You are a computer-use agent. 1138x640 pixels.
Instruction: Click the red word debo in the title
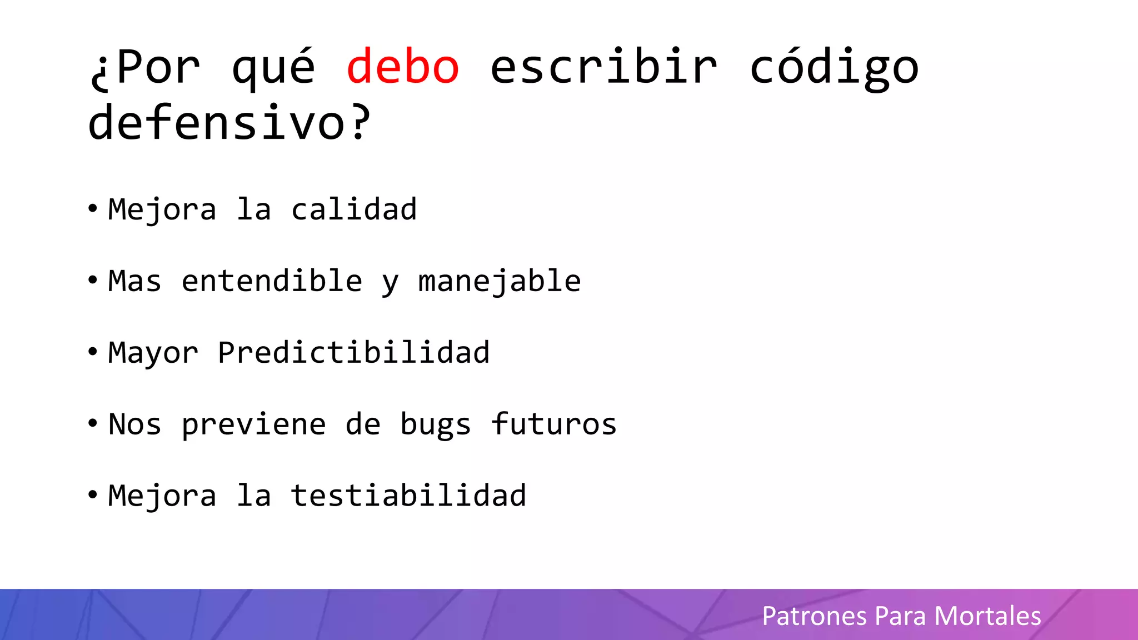403,67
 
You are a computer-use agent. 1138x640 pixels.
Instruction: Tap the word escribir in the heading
603,67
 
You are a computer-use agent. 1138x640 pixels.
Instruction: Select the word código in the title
834,68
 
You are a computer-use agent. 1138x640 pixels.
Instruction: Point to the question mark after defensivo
360,122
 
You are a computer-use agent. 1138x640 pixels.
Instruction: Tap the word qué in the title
273,68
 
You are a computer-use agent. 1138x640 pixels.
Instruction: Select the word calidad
353,209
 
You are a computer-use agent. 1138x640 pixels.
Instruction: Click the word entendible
272,281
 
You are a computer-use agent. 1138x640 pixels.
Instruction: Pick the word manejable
499,282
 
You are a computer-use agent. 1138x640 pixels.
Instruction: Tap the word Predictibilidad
353,352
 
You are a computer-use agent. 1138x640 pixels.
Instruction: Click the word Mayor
153,353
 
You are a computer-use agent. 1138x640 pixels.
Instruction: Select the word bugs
436,425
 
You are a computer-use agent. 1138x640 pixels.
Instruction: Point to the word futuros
553,424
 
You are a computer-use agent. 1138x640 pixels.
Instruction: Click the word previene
253,425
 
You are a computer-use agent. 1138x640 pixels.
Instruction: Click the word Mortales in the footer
987,616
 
